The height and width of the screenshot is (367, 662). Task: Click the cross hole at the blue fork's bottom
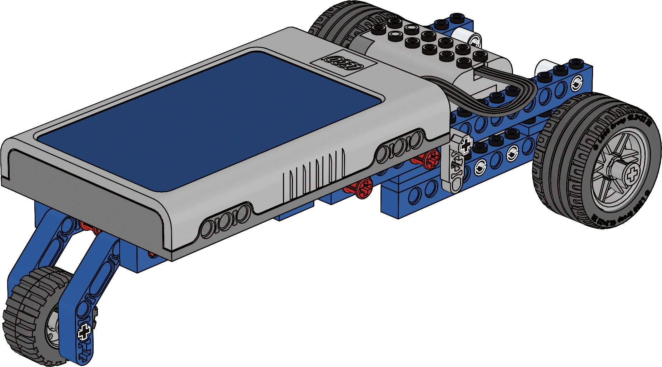point(85,331)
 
